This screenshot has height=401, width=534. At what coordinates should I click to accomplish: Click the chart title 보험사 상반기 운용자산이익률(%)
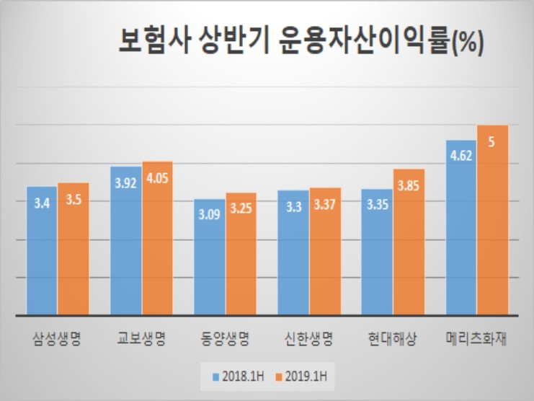301,42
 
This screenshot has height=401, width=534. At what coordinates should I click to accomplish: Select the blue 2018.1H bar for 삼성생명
42,250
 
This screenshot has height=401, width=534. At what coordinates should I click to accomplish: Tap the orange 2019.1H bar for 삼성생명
74,249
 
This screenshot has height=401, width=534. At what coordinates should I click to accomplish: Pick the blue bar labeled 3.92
125,241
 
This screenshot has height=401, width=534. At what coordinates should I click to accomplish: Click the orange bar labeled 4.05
157,238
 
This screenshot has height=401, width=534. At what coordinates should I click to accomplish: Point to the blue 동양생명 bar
210,257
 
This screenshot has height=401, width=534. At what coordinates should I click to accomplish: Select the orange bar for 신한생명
325,251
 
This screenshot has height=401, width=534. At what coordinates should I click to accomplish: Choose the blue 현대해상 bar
377,252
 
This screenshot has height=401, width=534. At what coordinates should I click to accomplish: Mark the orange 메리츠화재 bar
492,220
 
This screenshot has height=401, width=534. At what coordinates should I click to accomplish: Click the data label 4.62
461,156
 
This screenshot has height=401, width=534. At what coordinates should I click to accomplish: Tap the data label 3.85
409,185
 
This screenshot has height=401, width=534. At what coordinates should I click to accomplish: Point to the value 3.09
209,214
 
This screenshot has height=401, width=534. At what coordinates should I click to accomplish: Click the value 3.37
324,204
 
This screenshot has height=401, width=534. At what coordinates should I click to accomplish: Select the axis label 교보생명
141,338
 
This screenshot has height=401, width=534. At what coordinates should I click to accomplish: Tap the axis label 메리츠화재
476,338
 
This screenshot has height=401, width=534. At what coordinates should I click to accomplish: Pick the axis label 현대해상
392,338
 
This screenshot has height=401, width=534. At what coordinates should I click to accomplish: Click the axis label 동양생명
225,338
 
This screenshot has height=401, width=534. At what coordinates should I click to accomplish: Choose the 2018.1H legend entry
238,376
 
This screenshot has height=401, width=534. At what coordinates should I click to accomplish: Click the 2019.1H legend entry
301,376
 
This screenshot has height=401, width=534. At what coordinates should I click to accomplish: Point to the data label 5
491,142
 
